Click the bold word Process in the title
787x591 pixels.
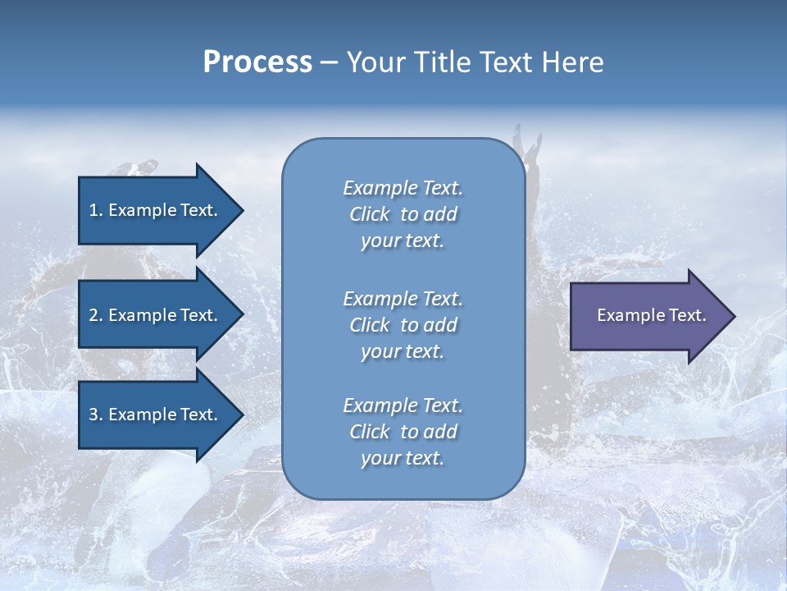pyautogui.click(x=257, y=62)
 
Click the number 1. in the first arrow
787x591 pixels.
pyautogui.click(x=95, y=210)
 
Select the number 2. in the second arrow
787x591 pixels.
pyautogui.click(x=95, y=315)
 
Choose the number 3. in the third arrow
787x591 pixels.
pyautogui.click(x=95, y=415)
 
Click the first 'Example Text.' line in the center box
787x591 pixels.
pyautogui.click(x=403, y=188)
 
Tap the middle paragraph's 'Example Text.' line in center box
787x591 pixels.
pyautogui.click(x=403, y=298)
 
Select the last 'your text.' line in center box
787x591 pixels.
pyautogui.click(x=403, y=458)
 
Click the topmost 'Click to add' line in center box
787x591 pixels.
pyautogui.click(x=403, y=214)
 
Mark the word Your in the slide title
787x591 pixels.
pyautogui.click(x=375, y=62)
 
